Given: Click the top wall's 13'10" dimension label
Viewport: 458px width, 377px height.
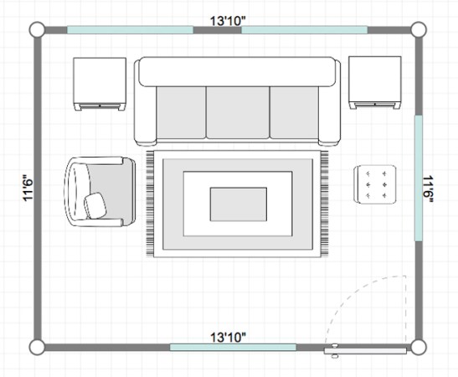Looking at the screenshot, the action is click(228, 21).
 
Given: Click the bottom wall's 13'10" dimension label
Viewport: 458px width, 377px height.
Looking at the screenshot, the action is click(228, 338).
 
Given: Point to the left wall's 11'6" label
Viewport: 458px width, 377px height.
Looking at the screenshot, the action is click(28, 188).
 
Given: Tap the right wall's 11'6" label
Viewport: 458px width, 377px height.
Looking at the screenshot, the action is click(428, 188).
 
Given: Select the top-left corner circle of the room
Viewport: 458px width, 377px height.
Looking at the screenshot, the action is click(37, 29).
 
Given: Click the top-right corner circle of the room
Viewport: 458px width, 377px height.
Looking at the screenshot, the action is click(419, 29).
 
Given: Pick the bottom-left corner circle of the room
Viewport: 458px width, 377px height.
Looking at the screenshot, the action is click(37, 347).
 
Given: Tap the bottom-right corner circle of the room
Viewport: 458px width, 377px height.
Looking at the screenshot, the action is click(419, 347).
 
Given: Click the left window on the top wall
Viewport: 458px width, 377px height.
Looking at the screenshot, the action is click(131, 30).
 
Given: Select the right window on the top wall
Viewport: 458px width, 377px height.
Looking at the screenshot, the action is click(305, 30).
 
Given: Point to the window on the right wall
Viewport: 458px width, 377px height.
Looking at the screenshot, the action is click(419, 178).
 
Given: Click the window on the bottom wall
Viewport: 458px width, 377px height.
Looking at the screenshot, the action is click(233, 347).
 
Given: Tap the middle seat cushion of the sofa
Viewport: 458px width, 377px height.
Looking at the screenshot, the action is click(238, 112).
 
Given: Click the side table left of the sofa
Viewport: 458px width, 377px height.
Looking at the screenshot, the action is click(100, 84).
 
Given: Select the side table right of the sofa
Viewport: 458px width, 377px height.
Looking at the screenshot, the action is click(375, 83).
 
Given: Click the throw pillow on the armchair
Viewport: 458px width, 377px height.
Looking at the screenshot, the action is click(95, 205).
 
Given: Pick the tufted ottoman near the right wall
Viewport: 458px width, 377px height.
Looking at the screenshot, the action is click(375, 184).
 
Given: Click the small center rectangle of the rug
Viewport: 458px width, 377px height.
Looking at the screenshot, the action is click(239, 204).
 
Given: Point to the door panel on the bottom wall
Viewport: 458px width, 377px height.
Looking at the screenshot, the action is click(365, 351).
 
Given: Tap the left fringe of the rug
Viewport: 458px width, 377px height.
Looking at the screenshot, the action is click(150, 203).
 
